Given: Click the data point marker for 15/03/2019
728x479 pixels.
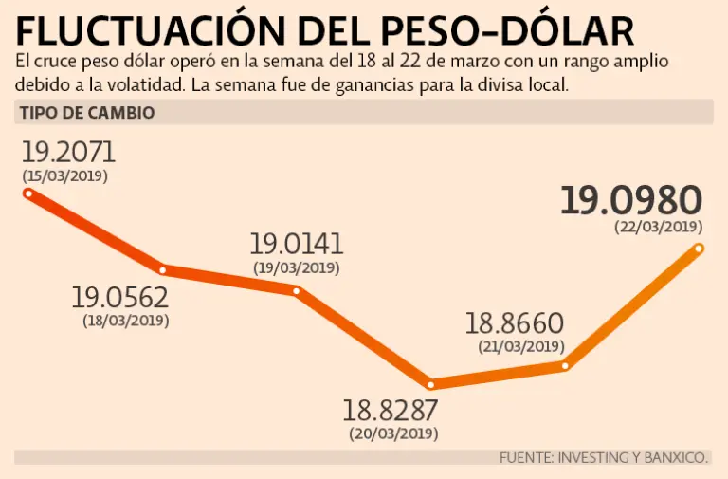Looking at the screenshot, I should tap(28, 193).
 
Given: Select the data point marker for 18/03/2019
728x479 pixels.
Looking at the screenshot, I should tap(163, 270).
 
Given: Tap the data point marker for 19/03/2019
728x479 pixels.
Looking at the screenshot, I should tap(297, 290).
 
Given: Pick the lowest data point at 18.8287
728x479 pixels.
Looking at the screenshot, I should tap(431, 384).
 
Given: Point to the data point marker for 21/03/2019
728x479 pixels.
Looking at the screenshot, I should tap(565, 365).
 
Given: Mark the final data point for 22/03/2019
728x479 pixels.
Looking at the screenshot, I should tap(700, 249).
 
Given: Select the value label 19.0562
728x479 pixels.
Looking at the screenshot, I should tap(120, 299).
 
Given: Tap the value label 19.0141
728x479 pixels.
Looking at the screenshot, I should tap(297, 244).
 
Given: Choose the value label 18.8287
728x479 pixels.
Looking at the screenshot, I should tap(391, 412).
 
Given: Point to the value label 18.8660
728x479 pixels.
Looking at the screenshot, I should tap(515, 323).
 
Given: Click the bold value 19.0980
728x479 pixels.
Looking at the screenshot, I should tap(630, 201).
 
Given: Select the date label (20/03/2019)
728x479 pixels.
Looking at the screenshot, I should tap(392, 434).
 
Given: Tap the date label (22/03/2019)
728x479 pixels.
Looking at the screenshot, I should tap(658, 227).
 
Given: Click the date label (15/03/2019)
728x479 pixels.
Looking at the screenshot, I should tap(65, 176).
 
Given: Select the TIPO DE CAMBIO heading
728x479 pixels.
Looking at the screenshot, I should tap(87, 113).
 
